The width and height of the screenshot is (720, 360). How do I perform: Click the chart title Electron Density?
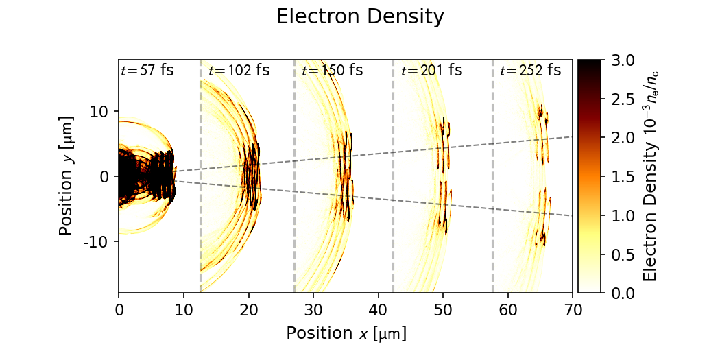360,17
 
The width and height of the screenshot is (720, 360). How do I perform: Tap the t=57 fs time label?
147,70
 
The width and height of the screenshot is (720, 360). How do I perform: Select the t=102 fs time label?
239,70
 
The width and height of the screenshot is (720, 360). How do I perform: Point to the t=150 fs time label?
332,70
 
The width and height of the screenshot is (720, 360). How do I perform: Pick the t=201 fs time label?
431,70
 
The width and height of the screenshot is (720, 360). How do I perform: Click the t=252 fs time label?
530,70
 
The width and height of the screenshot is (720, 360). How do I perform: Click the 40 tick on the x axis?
379,309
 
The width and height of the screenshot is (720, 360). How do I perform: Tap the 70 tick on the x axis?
573,309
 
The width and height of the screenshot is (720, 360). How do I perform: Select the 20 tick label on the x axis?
249,309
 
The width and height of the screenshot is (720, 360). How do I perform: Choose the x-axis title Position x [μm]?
346,333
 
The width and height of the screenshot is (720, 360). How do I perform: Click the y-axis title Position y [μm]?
67,176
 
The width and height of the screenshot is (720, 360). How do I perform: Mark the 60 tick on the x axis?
508,309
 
